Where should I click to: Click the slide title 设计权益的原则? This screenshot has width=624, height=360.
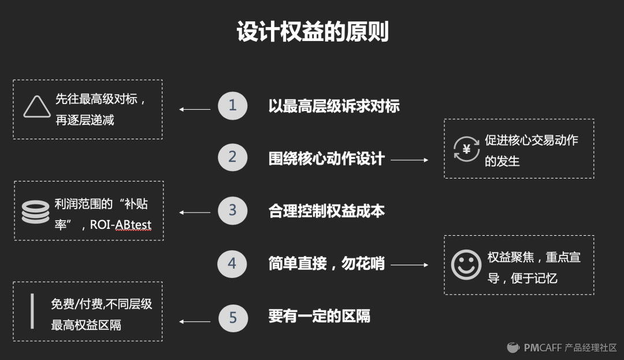[312, 32]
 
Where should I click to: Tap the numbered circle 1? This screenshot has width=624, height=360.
[232, 106]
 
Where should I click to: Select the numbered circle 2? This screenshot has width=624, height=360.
[232, 158]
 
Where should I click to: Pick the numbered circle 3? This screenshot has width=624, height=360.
[232, 210]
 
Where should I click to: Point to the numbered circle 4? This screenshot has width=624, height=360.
[232, 264]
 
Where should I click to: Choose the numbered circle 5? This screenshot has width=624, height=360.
[233, 317]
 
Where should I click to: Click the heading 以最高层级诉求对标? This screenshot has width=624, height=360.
[334, 106]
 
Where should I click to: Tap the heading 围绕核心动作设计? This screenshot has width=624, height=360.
[326, 159]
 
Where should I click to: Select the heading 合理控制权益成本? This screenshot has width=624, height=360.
[326, 211]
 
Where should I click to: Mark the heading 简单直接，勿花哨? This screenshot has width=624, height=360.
[326, 264]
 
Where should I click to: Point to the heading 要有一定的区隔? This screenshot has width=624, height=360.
[320, 317]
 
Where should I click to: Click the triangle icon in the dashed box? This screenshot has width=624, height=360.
[36, 107]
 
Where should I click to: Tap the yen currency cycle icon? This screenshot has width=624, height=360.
[466, 149]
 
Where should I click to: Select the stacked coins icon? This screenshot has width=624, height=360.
[35, 212]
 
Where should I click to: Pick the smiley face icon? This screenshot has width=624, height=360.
[466, 265]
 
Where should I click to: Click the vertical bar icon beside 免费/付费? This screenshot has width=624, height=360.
[32, 311]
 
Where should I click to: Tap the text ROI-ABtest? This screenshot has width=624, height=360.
[120, 225]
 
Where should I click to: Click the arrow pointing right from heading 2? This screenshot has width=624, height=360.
[409, 159]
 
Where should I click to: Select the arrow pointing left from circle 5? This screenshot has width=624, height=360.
[195, 322]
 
